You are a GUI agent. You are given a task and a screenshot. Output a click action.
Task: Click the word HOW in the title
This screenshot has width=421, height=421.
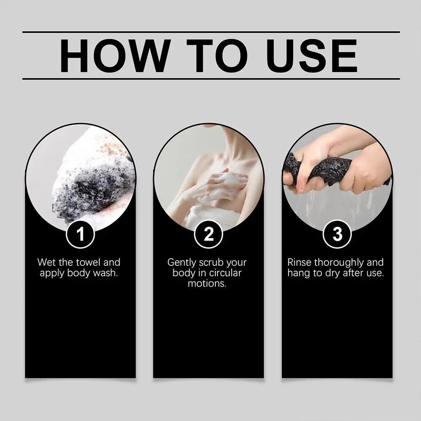[116, 56]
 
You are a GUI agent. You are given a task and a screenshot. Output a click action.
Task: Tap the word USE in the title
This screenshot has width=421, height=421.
[312, 56]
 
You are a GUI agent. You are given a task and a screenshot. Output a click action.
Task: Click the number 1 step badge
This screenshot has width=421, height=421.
[80, 234]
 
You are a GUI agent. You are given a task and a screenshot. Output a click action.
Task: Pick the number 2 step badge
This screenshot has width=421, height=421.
[209, 234]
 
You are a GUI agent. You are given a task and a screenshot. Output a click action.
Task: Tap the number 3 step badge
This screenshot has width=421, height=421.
[337, 234]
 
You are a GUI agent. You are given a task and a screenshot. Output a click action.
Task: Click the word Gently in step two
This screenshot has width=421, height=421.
[182, 263]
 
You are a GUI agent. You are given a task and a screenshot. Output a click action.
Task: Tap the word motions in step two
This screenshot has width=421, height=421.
[207, 283]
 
